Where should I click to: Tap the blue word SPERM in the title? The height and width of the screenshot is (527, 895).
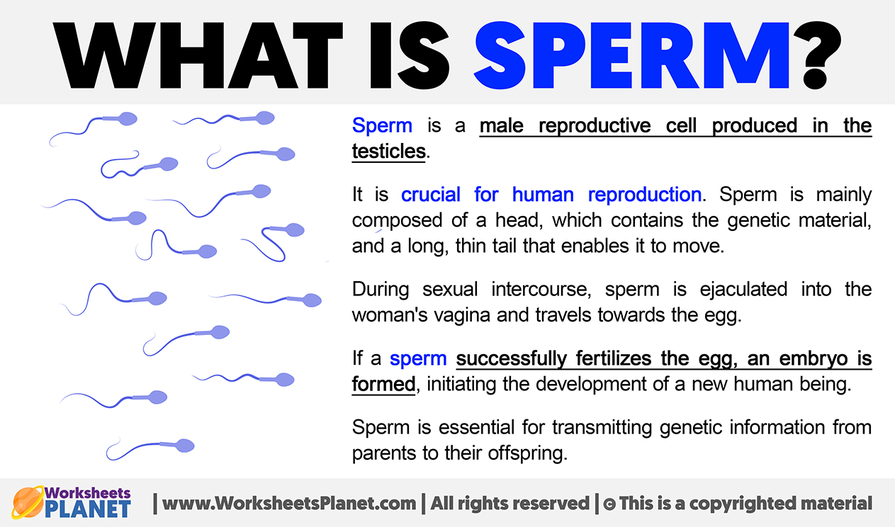pos(632,55)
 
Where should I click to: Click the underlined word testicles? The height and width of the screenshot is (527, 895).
pos(389,152)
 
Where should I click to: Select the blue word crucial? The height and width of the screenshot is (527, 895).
pos(431,195)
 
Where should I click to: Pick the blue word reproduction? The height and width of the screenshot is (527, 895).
pos(645,195)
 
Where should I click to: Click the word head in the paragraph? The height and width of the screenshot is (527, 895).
pos(518,220)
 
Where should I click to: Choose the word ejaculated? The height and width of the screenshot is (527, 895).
pos(743,290)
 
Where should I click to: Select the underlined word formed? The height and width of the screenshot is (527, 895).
pos(383,384)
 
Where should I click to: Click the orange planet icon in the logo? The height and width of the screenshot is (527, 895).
pos(28,502)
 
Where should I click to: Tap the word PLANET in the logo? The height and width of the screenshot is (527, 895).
pos(88,509)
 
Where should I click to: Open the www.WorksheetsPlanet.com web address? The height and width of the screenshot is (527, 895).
pos(289,504)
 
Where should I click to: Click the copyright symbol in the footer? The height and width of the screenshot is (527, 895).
pos(609,504)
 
